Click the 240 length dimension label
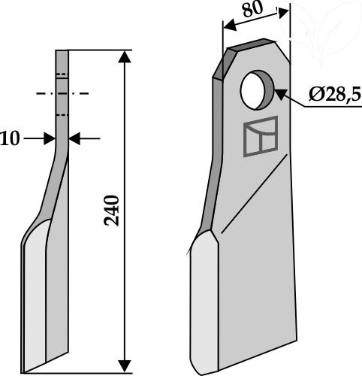(112, 211)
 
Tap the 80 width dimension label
(253, 9)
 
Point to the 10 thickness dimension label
(10, 138)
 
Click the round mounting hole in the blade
(258, 89)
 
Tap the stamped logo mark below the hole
(261, 137)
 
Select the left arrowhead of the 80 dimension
(230, 25)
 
